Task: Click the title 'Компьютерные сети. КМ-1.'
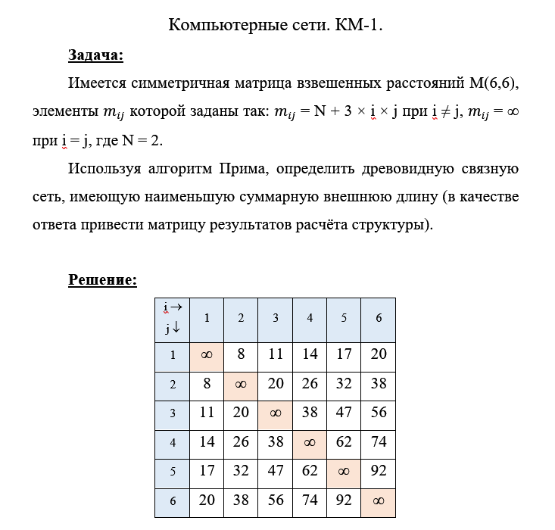[276, 25]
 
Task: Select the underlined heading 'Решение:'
[102, 280]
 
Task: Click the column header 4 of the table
[310, 318]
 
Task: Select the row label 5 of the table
[173, 471]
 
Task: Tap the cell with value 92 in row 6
[344, 499]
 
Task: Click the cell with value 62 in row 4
[344, 441]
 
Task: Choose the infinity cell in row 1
[207, 354]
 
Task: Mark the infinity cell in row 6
[378, 499]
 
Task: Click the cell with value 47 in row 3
[344, 413]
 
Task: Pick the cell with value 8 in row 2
[207, 383]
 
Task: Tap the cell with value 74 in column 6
[378, 441]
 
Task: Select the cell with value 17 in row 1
[344, 354]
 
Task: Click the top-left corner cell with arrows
[173, 318]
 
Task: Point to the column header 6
[378, 318]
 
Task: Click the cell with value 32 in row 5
[241, 470]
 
